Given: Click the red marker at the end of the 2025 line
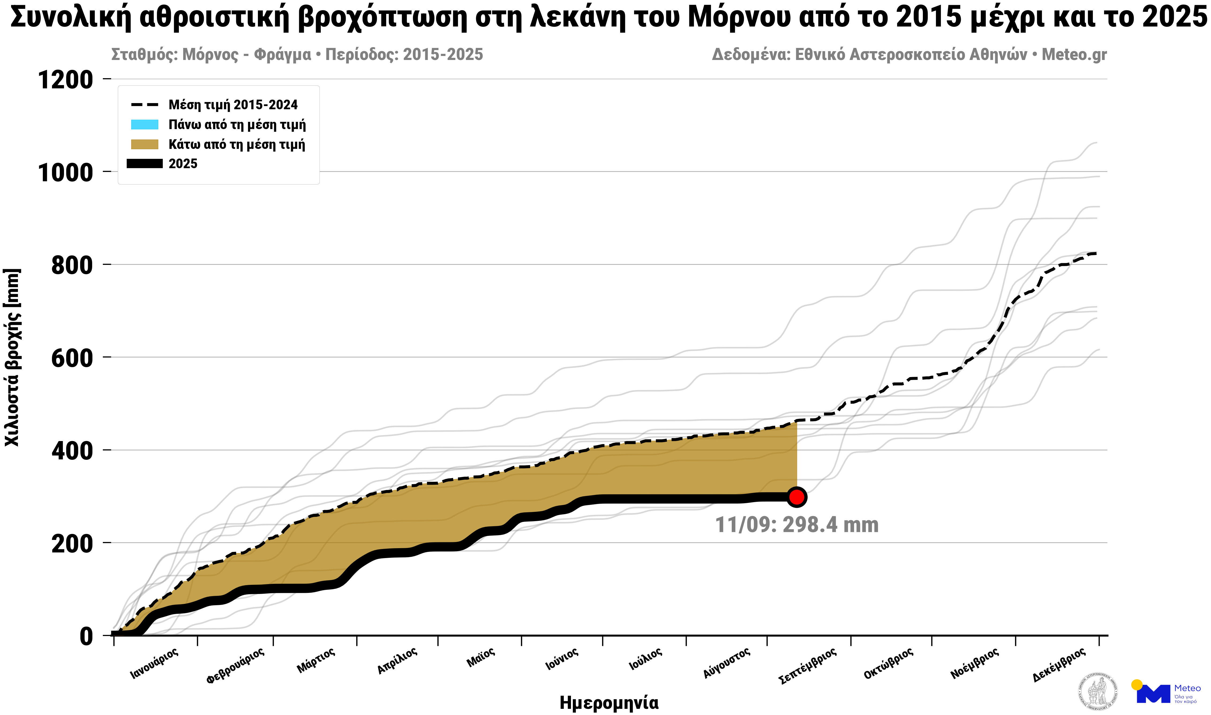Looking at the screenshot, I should tap(797, 497).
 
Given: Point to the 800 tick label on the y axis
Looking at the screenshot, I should tap(72, 265).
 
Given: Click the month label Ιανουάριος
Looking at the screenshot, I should tap(154, 664).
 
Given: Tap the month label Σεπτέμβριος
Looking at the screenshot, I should tap(807, 666).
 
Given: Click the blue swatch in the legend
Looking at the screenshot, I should tap(145, 125).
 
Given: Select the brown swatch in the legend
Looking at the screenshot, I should tap(145, 145).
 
